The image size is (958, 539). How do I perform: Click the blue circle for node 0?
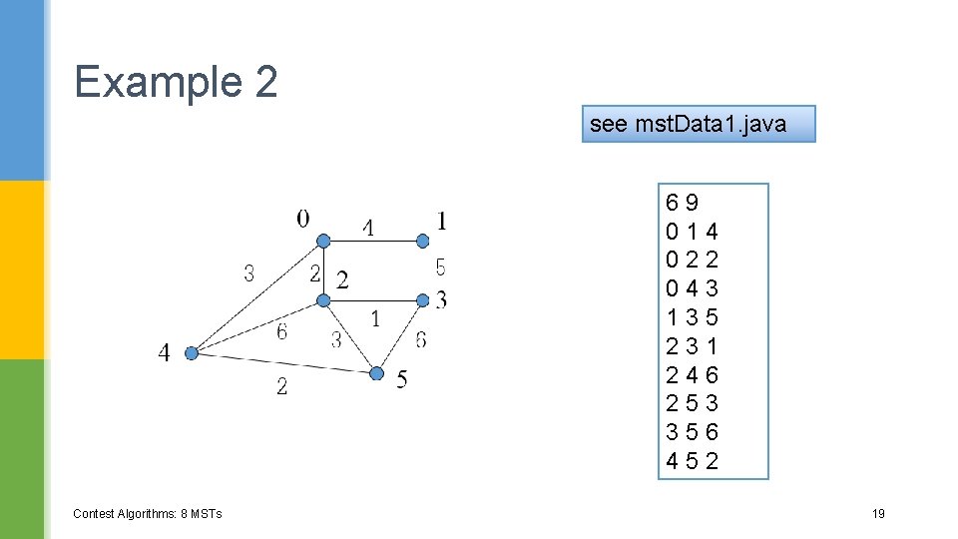(323, 241)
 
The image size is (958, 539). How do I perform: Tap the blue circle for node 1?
(422, 241)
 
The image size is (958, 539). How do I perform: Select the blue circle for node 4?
(193, 352)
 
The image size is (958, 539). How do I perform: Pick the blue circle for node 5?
(376, 373)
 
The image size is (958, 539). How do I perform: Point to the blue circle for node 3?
(422, 298)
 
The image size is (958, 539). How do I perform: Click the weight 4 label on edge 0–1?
(368, 229)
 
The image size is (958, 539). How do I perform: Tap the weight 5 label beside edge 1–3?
(440, 268)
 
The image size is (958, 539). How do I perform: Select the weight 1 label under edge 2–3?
(374, 319)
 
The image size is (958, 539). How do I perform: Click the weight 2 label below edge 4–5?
(281, 386)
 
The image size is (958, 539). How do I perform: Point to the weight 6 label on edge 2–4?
(281, 331)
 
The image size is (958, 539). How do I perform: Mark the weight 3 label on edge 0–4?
(248, 272)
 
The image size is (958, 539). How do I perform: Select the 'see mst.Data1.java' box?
(699, 124)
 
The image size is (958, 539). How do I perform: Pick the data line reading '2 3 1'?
(693, 346)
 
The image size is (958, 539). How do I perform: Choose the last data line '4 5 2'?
(693, 461)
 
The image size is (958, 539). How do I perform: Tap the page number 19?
(878, 514)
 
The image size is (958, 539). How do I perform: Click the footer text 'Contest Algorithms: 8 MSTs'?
(148, 514)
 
